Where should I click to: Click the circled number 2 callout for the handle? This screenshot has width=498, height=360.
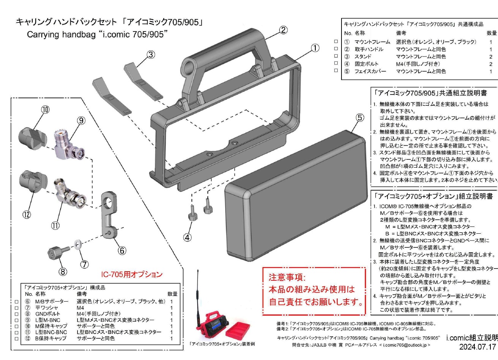click(x=283, y=30)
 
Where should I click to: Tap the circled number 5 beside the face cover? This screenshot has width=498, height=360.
click(x=360, y=118)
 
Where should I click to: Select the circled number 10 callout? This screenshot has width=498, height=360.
click(x=45, y=110)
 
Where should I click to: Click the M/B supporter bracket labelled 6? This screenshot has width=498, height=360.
click(x=110, y=216)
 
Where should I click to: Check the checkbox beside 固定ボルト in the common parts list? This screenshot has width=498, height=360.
click(x=335, y=64)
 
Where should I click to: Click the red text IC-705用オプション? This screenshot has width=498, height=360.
click(x=131, y=274)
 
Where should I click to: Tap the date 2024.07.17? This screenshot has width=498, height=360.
click(x=478, y=347)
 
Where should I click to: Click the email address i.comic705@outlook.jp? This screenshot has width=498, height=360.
click(x=404, y=345)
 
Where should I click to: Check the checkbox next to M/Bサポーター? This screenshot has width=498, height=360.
click(x=16, y=302)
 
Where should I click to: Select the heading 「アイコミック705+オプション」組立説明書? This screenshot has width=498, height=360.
click(x=433, y=196)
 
